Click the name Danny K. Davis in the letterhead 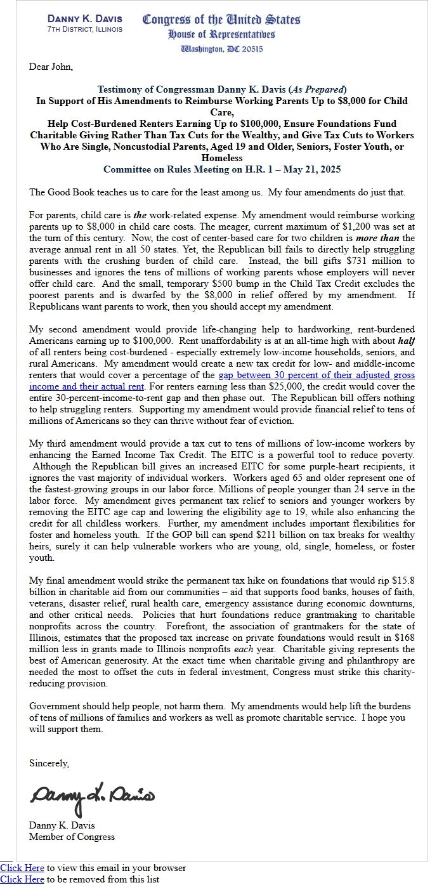point(84,18)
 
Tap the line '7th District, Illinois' point(84,29)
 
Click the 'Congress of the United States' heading point(221,20)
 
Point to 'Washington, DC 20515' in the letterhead point(221,49)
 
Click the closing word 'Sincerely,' point(49,763)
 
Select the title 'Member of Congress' point(72,837)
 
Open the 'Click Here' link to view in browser point(22,868)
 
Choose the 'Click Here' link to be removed point(22,879)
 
